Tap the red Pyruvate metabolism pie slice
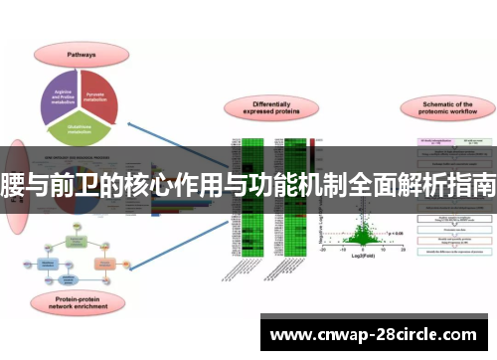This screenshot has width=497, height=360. click(x=100, y=91)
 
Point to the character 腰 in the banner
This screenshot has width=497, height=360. click(x=13, y=185)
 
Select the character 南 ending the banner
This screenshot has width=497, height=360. click(x=484, y=185)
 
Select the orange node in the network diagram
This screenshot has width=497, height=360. click(x=104, y=263)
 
